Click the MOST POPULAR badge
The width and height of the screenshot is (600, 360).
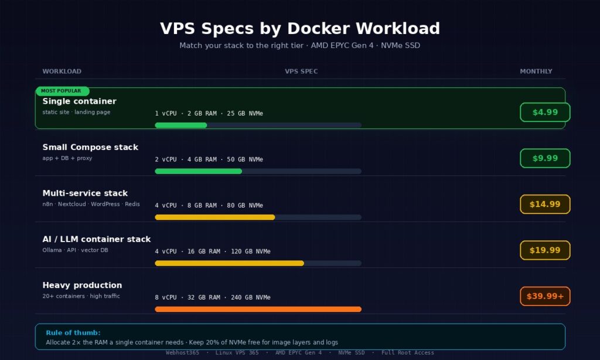[61, 91]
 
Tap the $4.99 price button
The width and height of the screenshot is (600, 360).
[545, 112]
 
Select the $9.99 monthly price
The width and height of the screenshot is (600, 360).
[545, 158]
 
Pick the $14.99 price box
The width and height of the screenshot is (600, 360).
[545, 204]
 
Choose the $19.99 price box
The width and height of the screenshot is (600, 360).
[545, 250]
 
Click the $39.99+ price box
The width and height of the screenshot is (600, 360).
[545, 296]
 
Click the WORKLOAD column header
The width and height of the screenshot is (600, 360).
[62, 72]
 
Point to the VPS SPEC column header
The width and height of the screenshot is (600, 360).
[301, 72]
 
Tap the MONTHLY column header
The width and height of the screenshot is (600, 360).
[536, 72]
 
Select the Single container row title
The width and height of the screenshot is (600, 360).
[79, 101]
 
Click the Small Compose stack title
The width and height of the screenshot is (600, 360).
[90, 147]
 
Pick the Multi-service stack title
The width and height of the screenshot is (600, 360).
[85, 193]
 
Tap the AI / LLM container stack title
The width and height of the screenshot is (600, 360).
[96, 239]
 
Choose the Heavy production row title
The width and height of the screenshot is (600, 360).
[82, 285]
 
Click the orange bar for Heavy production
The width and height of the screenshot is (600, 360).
[258, 309]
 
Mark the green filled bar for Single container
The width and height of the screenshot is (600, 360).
[180, 125]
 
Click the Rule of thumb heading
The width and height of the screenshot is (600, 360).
[73, 332]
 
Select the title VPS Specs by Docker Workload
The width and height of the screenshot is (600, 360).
[299, 28]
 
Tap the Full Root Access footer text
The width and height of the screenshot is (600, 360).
[407, 352]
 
